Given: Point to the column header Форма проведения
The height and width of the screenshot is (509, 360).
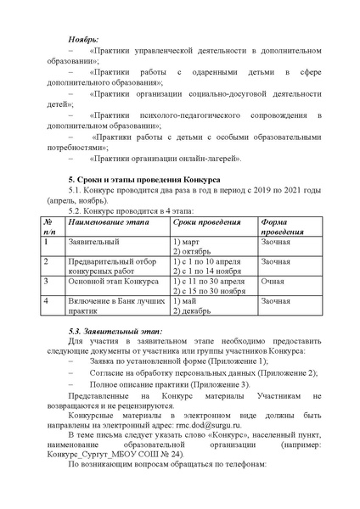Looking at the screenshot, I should [280, 227].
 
